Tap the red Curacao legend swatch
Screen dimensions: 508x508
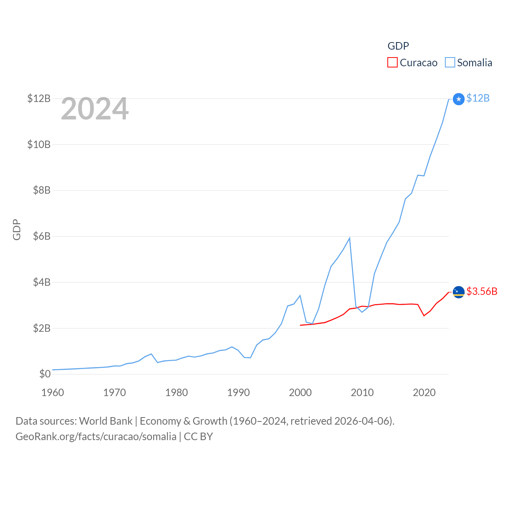[x=393, y=63]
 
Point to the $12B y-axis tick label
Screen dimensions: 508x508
[x=39, y=98]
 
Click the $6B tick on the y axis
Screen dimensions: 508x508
[x=42, y=237]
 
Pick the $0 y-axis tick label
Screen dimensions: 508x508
[x=45, y=374]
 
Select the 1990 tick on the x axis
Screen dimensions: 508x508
[x=238, y=393]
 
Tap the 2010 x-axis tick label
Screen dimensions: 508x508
[x=362, y=393]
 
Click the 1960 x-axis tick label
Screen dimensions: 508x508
[x=52, y=393]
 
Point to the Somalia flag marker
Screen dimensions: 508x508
[x=458, y=99]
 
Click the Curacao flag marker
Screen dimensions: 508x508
[x=458, y=292]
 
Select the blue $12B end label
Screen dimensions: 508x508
[x=478, y=98]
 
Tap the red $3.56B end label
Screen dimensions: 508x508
[x=482, y=291]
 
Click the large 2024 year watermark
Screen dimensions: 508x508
[x=94, y=109]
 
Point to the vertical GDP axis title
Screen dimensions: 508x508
[x=17, y=229]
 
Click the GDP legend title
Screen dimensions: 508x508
[x=398, y=46]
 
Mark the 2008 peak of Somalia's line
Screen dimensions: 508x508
[x=350, y=238]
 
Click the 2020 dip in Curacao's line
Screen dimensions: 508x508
[x=424, y=316]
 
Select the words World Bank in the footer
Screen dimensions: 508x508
[x=106, y=421]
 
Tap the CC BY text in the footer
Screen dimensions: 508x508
[x=198, y=437]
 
